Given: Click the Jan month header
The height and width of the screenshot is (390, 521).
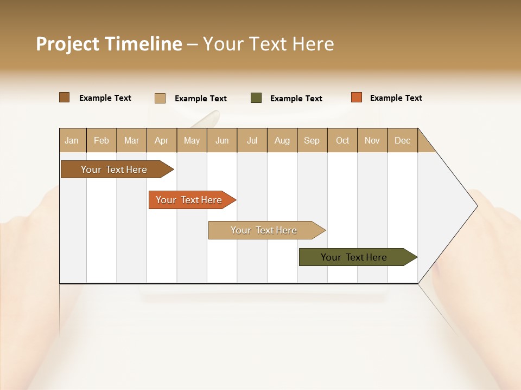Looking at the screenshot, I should (72, 140).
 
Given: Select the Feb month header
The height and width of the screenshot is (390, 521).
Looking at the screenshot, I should (101, 140).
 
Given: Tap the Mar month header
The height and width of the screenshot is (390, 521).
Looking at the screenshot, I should (131, 140).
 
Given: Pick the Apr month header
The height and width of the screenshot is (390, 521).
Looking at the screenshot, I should (162, 140).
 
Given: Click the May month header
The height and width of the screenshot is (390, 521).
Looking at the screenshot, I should (192, 140).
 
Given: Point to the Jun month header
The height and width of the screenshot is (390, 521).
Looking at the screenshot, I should (222, 140).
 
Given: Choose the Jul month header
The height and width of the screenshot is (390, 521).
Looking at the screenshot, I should (252, 140).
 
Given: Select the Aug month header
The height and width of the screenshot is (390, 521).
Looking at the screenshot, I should (282, 140).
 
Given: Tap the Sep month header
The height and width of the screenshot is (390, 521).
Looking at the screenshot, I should (312, 140).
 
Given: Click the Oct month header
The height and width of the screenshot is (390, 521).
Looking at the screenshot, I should (342, 140).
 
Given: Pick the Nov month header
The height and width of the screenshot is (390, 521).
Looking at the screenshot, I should (372, 140).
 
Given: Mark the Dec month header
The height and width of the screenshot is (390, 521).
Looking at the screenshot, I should (403, 140).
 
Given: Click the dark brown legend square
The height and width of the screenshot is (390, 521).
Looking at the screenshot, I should (65, 97).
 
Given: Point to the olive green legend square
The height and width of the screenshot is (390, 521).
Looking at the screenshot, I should (256, 98).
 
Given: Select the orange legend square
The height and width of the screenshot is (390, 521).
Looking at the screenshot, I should (356, 97).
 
